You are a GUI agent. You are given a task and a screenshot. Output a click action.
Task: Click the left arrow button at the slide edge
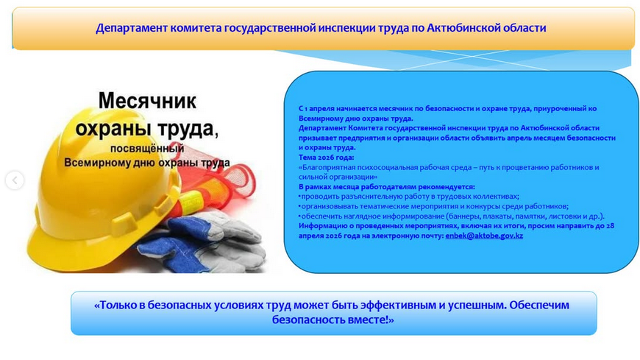click(15, 180)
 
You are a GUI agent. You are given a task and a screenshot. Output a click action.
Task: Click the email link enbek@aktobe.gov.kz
click(484, 236)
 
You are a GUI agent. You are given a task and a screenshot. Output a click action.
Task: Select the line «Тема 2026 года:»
click(327, 157)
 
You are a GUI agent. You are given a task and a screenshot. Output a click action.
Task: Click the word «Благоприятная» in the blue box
click(324, 167)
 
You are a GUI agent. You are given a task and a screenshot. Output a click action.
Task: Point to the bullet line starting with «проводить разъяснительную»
click(409, 197)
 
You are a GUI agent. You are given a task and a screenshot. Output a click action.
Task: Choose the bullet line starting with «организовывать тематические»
click(434, 206)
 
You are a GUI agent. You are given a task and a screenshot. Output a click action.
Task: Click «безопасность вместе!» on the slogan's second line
click(333, 321)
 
